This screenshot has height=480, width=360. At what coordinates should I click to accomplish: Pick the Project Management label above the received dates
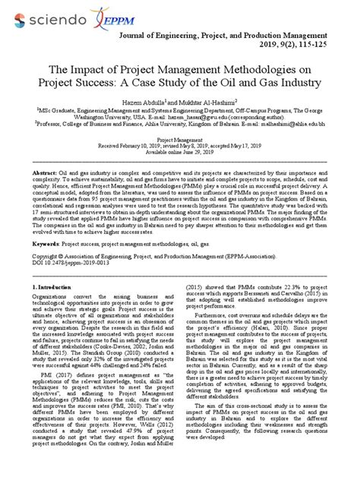point(179,140)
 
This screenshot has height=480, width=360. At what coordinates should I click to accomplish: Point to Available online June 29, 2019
point(179,152)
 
